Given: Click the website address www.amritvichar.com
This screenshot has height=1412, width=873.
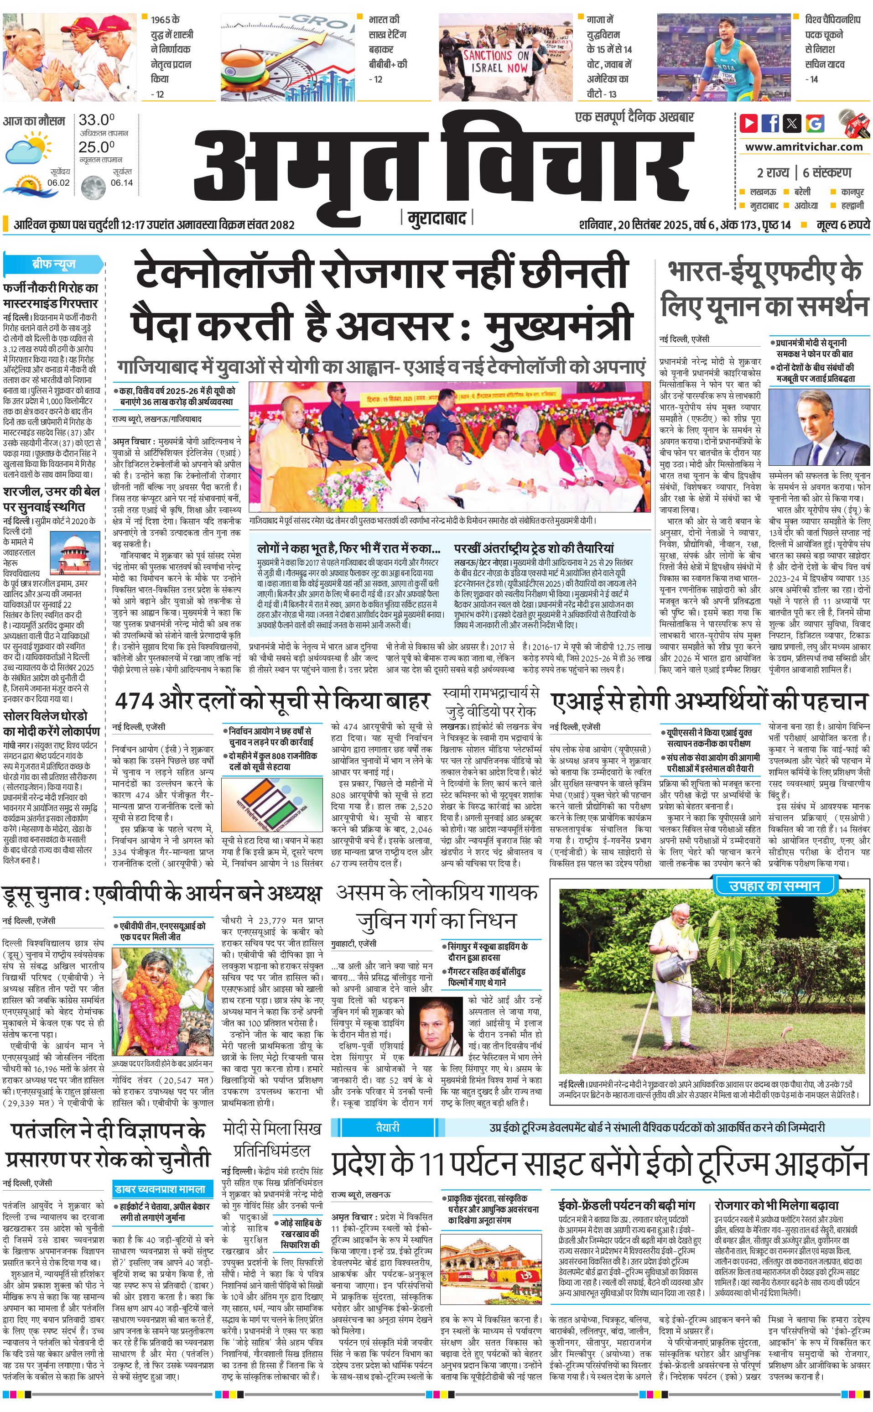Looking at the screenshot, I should tap(804, 147).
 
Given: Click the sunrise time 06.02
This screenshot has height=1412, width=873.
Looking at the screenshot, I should tap(58, 182).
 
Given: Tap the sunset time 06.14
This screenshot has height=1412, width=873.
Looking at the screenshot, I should tap(122, 182).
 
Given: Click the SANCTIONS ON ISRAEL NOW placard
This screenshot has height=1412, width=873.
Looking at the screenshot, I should tap(496, 62).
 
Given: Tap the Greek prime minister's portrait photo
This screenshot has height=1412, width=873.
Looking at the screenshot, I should tap(819, 427).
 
